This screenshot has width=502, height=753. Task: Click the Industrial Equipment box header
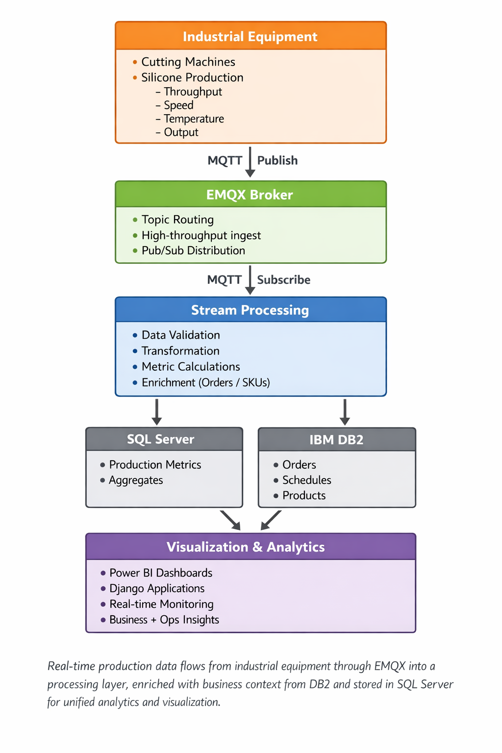click(x=250, y=37)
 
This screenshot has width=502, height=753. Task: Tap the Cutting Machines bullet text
click(x=188, y=62)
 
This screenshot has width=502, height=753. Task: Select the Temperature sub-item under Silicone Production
click(x=194, y=119)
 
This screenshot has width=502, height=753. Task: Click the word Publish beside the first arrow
click(x=277, y=161)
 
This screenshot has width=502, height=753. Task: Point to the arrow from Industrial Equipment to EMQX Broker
click(x=250, y=162)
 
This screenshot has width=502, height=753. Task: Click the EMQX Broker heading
click(x=250, y=195)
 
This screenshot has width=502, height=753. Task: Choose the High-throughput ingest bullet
click(x=201, y=236)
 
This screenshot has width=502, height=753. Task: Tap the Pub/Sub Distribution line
click(x=193, y=251)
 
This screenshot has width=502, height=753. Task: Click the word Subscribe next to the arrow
click(x=283, y=280)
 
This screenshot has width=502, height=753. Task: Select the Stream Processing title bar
click(x=250, y=310)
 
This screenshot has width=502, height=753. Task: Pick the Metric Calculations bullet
click(x=191, y=367)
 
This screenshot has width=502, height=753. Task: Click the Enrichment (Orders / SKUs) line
click(x=205, y=383)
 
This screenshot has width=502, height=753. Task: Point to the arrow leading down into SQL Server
click(x=156, y=412)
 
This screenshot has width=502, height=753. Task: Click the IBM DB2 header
click(x=336, y=440)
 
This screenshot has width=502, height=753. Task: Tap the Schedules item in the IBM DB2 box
click(x=306, y=480)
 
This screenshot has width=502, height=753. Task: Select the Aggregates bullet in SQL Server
click(x=136, y=480)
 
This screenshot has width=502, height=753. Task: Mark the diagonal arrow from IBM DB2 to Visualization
click(x=271, y=520)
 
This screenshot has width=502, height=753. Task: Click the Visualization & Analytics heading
click(x=246, y=547)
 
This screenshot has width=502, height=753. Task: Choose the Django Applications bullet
click(x=157, y=589)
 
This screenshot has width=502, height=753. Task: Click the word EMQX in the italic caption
click(x=390, y=666)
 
